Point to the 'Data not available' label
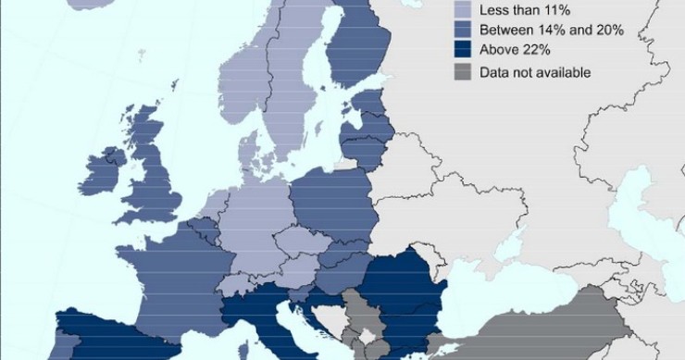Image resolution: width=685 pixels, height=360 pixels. point(535,72)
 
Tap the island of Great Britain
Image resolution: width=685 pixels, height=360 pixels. point(153,180)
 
